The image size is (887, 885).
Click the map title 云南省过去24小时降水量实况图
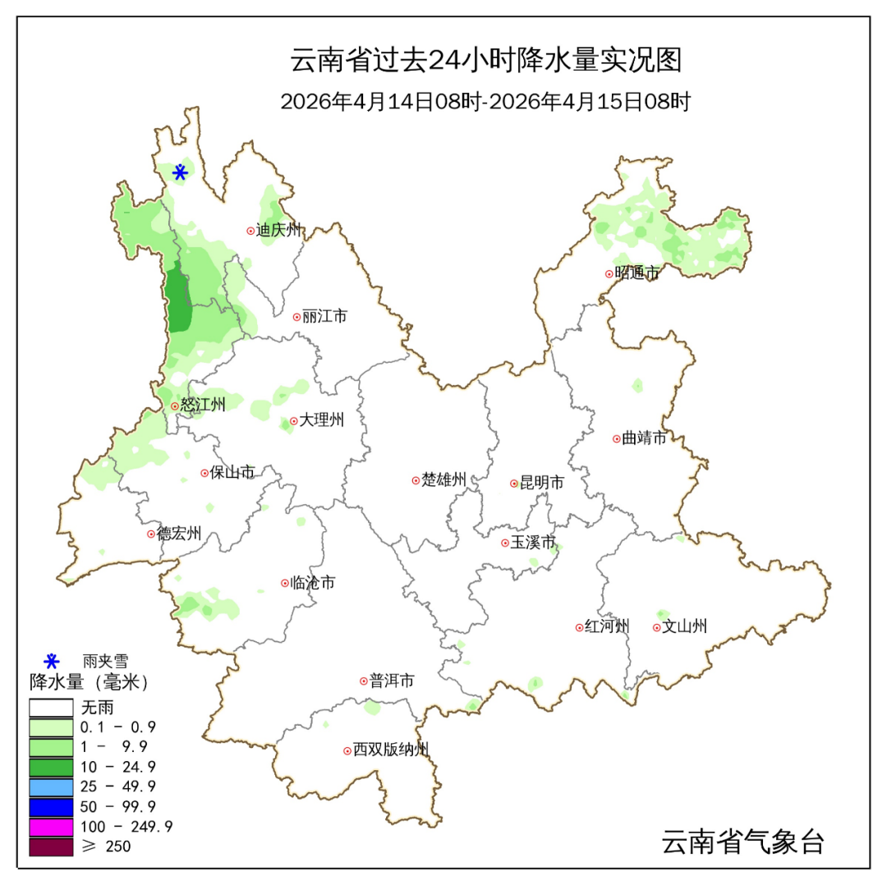pos(486,61)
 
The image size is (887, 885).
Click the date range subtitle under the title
pos(485,102)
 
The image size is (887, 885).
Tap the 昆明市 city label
pos(542,484)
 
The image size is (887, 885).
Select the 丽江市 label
pos(324,316)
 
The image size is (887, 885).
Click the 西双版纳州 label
pos(391,750)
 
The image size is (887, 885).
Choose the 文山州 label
pos(684,627)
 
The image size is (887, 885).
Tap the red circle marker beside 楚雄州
pos(416,480)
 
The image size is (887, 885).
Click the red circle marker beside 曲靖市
pos(616,438)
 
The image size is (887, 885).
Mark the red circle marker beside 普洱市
pos(363,681)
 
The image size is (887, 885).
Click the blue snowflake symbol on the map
pos(180,172)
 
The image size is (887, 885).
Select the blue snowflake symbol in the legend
pos(52,660)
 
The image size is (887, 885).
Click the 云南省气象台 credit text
pos(742,841)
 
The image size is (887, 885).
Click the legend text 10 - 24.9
pos(117,767)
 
